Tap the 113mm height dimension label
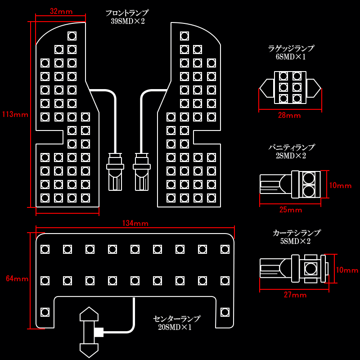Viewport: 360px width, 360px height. pos(15,114)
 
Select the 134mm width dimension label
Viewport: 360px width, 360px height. pos(135,223)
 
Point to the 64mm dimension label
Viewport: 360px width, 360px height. pos(17,279)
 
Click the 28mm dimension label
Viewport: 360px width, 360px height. pos(289,116)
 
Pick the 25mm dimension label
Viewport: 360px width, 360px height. pos(291,210)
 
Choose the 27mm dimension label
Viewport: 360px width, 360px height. pos(295,295)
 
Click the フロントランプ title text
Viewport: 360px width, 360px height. pos(127,13)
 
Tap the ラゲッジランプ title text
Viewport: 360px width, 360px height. pos(291,49)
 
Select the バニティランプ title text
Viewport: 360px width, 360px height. pos(291,148)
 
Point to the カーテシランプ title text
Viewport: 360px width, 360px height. pos(297,233)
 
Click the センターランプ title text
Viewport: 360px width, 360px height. pos(176,319)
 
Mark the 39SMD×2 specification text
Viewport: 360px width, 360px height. pos(127,21)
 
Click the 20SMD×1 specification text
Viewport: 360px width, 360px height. pos(175,327)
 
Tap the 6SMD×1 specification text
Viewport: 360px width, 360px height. pos(290,57)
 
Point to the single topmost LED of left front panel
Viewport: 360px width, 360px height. pos(72,36)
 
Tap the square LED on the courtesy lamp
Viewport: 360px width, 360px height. pos(310,269)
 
